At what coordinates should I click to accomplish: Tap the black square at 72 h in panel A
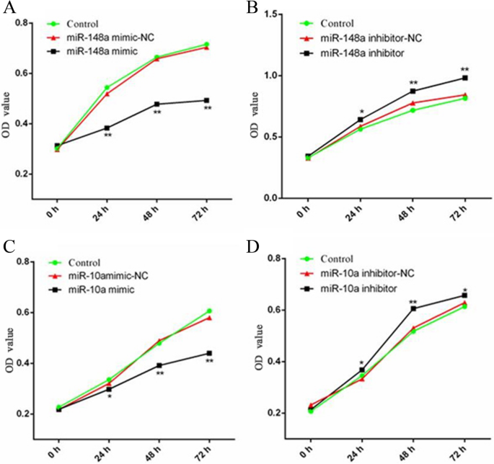[206, 100]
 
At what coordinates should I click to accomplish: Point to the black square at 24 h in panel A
[107, 128]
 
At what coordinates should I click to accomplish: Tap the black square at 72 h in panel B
[465, 78]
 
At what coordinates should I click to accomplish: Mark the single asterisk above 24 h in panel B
[361, 112]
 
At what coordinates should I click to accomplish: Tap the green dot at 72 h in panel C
[209, 311]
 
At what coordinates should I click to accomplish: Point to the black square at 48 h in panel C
[159, 365]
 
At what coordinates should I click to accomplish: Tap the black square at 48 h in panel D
[413, 308]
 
